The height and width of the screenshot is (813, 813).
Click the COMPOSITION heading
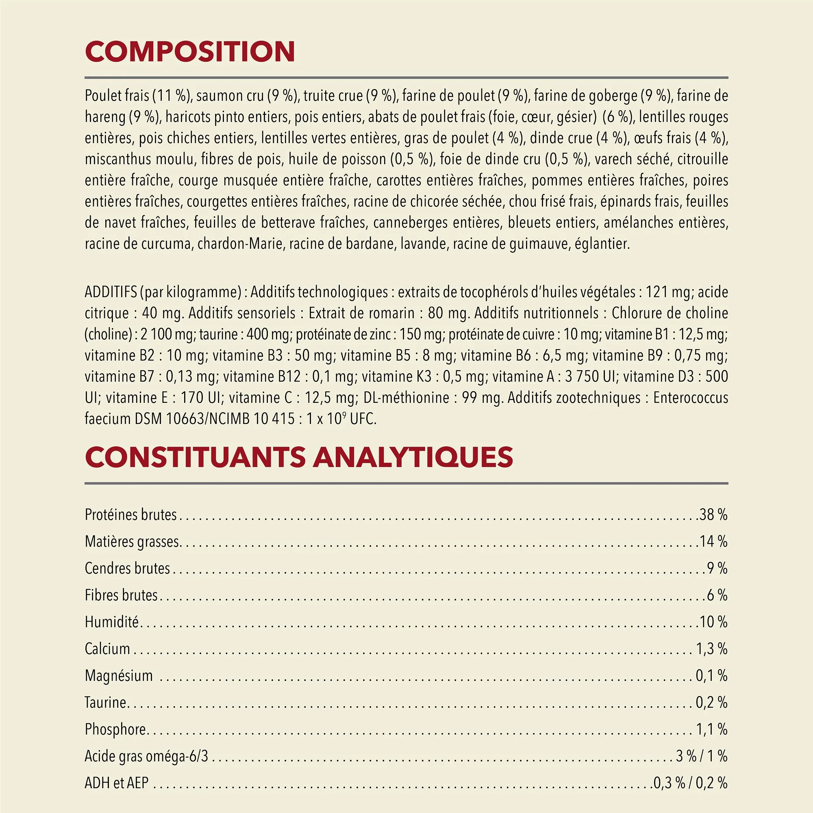(190, 52)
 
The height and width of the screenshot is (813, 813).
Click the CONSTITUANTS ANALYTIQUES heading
(299, 457)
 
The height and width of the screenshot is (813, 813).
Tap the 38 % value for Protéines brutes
(713, 515)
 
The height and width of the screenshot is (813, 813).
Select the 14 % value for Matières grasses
(713, 541)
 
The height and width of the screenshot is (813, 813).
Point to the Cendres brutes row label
(127, 569)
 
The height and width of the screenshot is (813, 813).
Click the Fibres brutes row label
(121, 596)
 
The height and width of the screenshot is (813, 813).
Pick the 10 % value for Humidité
(713, 622)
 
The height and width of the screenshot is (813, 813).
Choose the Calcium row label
(107, 649)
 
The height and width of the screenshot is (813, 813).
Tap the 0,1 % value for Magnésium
(711, 676)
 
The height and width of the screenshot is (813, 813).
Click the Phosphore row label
(115, 729)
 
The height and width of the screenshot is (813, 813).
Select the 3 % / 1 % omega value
(702, 756)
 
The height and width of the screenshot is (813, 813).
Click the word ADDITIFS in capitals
(111, 292)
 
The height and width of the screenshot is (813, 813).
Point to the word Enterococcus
(691, 398)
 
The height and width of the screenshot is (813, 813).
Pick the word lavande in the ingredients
(424, 244)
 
